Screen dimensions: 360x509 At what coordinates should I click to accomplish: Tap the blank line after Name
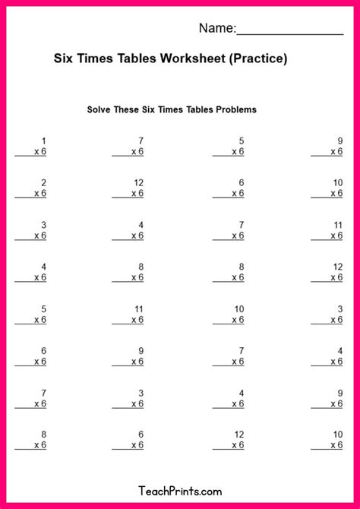290,30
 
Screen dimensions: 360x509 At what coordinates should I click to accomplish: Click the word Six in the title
63,58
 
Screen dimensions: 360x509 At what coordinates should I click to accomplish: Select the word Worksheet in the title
190,58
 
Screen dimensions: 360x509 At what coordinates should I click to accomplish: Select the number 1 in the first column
43,141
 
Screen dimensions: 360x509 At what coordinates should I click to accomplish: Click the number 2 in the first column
43,183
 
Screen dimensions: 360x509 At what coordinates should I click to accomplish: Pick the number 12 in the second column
138,183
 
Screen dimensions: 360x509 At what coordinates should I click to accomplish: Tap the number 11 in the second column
139,309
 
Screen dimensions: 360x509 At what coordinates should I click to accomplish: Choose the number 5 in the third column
242,141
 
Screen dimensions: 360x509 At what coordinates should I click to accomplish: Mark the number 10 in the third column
238,309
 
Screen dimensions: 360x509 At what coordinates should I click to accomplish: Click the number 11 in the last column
338,225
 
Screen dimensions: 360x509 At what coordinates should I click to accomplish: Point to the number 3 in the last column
340,309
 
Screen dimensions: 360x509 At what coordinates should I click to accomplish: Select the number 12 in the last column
338,267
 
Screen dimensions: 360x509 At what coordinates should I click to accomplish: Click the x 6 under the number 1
40,152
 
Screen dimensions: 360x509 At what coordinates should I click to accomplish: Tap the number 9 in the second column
141,351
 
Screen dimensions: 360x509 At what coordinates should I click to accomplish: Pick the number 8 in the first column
43,435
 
